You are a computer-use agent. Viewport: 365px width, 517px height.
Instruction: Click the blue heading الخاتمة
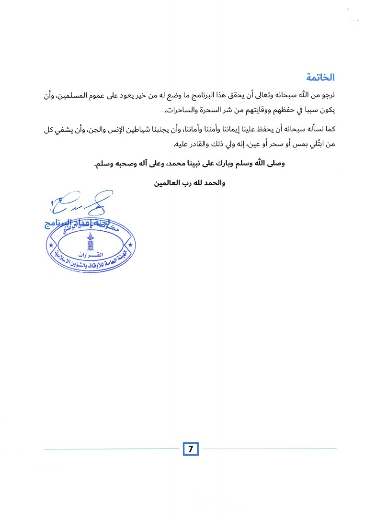320,77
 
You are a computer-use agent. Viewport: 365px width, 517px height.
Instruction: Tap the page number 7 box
190,449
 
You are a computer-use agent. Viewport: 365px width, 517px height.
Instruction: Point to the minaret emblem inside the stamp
90,242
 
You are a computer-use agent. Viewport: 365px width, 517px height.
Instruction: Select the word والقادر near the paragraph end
203,144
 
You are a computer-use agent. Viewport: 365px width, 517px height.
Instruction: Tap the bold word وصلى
275,164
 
